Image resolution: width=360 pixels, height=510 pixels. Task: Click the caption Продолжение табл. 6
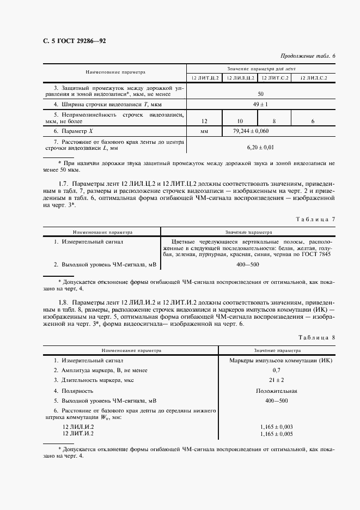(x=308, y=56)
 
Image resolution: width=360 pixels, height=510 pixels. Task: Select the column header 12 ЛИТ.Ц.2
(x=204, y=78)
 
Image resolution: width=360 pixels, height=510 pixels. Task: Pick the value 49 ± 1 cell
(x=260, y=104)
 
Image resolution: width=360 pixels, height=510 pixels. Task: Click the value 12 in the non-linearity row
(x=204, y=120)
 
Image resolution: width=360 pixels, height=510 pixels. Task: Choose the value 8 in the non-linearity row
(x=274, y=120)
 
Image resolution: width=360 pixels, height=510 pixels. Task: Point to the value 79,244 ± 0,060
(x=251, y=131)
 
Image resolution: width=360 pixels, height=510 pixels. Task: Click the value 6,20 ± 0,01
(x=260, y=147)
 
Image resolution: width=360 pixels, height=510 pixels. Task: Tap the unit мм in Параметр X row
(x=204, y=131)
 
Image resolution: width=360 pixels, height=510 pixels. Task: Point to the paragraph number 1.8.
(x=63, y=302)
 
